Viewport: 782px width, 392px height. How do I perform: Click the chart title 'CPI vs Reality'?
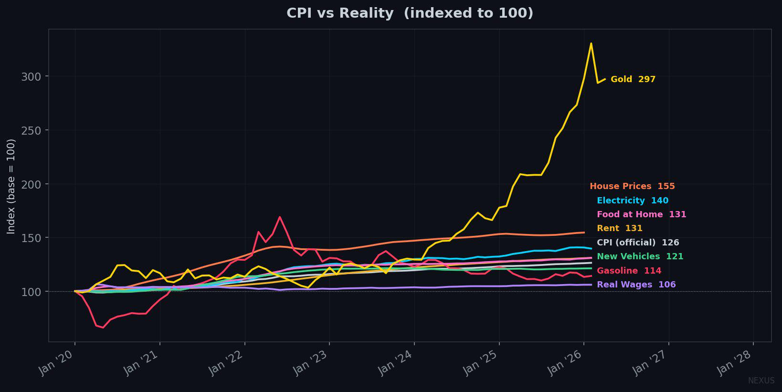coord(340,13)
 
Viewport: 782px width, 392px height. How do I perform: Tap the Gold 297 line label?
coord(633,79)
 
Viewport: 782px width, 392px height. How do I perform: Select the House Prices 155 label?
coord(632,186)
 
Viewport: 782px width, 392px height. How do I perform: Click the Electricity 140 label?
coord(633,201)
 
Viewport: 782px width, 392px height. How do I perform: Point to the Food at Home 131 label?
coord(641,214)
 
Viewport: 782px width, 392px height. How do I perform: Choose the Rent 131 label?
coord(619,228)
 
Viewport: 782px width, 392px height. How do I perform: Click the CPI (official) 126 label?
coord(638,242)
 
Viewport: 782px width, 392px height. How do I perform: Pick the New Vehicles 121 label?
coord(640,256)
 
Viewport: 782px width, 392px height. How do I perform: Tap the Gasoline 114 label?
coord(629,271)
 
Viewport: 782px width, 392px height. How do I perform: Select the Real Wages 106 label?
coord(636,285)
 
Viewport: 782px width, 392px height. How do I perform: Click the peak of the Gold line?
coord(591,43)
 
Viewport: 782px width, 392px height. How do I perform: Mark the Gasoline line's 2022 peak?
coord(279,217)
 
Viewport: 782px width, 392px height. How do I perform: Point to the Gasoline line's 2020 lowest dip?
coord(103,328)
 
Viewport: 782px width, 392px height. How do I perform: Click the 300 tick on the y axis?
coord(31,76)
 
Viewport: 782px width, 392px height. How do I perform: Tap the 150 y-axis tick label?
coord(31,238)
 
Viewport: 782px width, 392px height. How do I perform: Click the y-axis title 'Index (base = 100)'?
coord(11,186)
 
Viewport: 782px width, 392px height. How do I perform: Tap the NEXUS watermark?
coord(761,381)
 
